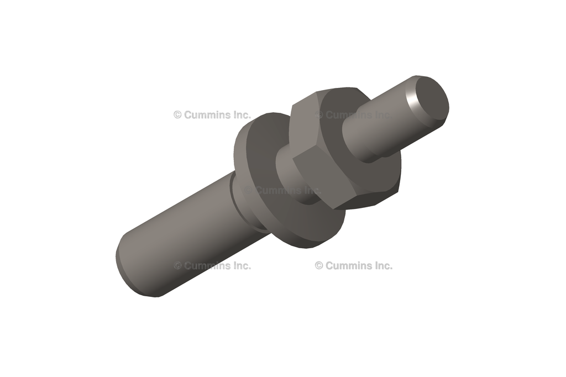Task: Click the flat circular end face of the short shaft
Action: [432, 100]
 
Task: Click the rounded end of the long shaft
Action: [124, 265]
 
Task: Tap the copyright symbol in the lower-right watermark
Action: [319, 266]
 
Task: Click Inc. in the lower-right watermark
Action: [381, 266]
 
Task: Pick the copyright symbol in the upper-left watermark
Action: [177, 115]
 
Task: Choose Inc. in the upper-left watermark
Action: [240, 115]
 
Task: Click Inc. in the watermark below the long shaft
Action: [240, 266]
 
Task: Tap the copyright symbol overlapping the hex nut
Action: [319, 115]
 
